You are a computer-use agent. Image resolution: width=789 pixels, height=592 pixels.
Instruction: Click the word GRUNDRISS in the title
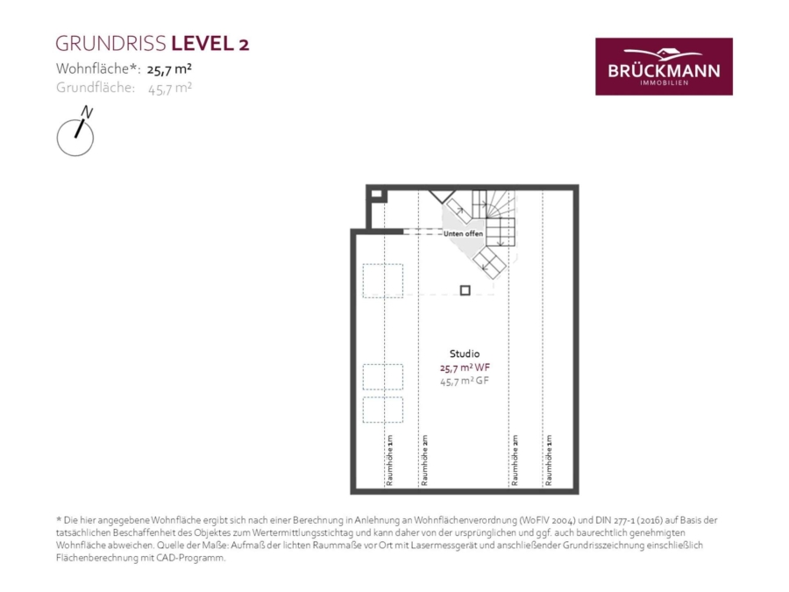(111, 44)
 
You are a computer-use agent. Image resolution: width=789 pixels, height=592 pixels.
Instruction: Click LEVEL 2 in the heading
(210, 44)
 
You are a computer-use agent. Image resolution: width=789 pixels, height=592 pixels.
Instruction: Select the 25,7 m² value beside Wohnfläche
(169, 69)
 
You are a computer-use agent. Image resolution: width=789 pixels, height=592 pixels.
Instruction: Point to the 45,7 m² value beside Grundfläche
(169, 89)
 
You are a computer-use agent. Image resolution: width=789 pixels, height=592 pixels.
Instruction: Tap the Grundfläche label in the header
(96, 88)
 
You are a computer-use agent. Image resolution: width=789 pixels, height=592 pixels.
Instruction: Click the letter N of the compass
(87, 112)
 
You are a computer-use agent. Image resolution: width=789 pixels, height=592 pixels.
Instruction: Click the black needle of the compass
(80, 128)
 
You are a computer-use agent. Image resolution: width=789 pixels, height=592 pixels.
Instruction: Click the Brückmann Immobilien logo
(664, 67)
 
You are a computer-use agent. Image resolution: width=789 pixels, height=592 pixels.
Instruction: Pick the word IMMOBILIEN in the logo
(665, 83)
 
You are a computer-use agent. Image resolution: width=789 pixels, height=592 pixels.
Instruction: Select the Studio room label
(465, 354)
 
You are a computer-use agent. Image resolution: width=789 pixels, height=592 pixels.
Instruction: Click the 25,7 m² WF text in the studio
(465, 367)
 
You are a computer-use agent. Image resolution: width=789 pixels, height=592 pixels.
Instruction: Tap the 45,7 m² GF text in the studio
(465, 382)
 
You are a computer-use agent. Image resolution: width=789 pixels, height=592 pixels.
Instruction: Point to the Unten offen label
(463, 233)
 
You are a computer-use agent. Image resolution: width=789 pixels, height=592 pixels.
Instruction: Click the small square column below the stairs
(465, 290)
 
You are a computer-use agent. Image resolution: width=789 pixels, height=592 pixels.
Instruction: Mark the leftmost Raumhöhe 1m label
(389, 460)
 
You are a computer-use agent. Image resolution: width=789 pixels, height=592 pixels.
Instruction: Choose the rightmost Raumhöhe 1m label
(549, 460)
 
